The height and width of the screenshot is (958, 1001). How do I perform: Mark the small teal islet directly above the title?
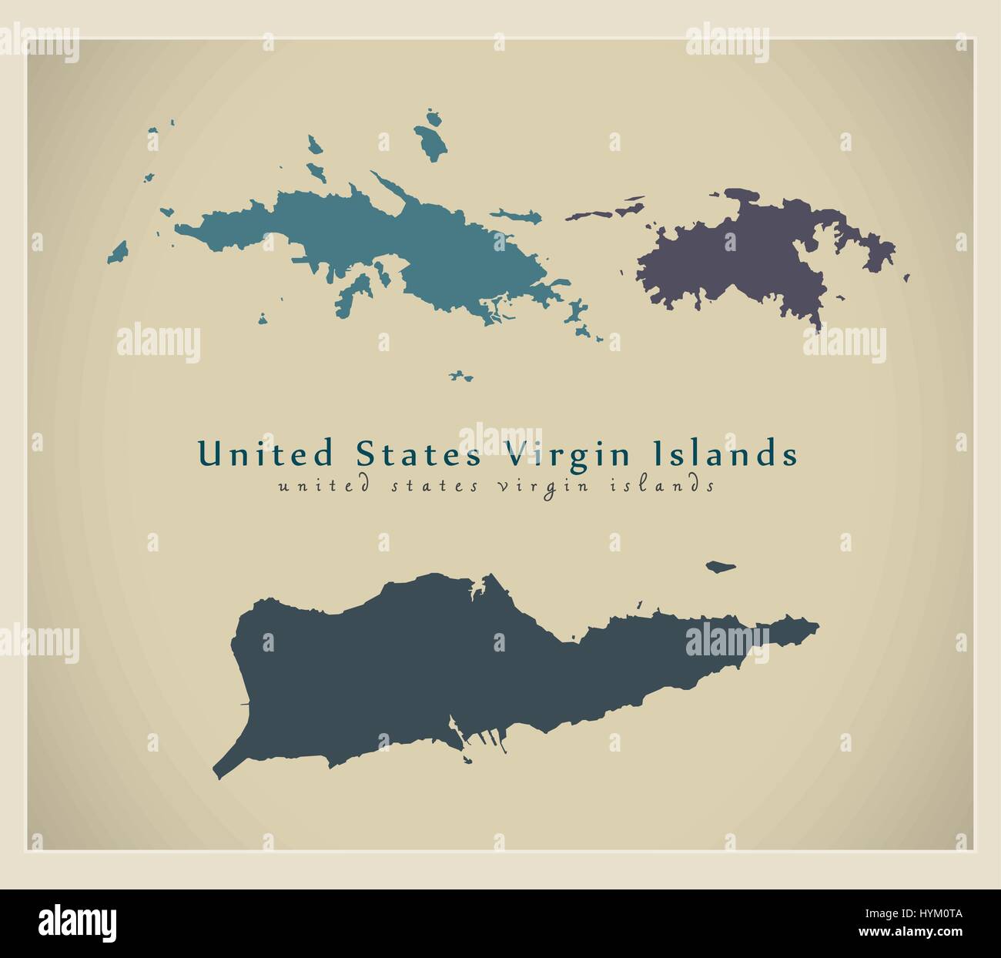(x=461, y=376)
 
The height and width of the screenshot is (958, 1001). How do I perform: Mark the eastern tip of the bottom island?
(x=815, y=625)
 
